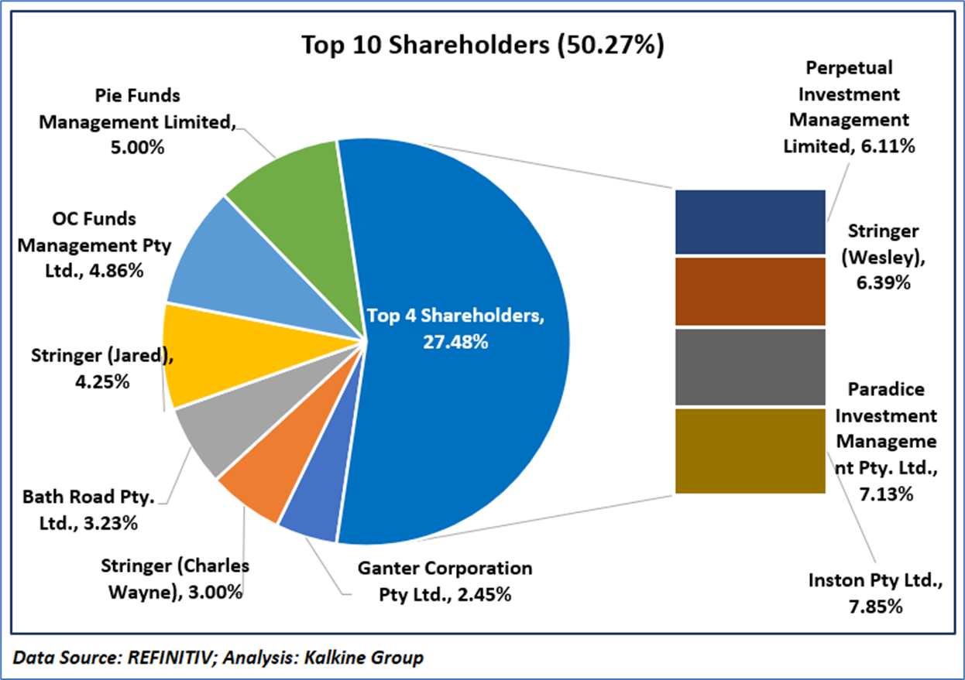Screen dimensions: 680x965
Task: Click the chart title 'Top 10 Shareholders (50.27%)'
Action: tap(482, 44)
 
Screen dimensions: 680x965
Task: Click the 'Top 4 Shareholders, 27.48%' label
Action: tap(455, 328)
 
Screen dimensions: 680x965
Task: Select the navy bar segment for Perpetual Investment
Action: tap(750, 221)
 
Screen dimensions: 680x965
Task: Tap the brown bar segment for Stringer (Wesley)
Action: tap(750, 291)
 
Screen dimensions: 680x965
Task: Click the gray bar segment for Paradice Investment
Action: tap(750, 366)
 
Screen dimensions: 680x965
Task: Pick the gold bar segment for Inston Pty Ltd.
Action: tap(750, 450)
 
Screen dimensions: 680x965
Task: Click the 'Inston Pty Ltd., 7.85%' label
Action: tap(875, 593)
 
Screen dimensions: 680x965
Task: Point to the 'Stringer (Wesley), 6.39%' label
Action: tap(883, 257)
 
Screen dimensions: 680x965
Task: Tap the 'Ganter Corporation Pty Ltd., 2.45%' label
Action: tap(445, 581)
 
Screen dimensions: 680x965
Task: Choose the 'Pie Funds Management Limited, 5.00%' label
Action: tap(137, 121)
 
